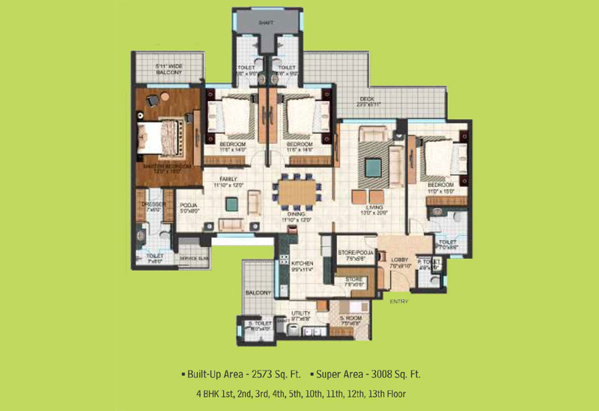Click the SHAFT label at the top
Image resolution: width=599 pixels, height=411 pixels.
265,22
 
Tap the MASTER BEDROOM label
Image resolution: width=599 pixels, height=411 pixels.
168,165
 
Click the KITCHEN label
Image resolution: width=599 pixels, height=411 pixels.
301,264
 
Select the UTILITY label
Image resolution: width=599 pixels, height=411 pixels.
300,314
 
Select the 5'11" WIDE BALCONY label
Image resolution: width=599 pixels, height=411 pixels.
169,70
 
